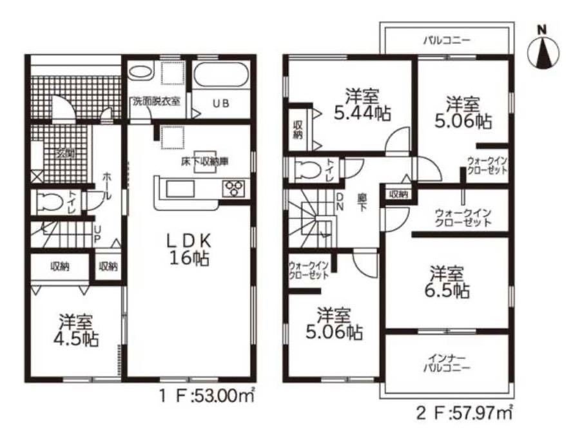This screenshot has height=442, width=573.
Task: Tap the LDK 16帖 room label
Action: tap(189, 249)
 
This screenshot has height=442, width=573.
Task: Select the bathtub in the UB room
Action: tap(220, 75)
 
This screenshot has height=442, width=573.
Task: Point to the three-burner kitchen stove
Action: tap(234, 189)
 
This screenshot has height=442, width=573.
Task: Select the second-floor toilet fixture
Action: tap(309, 171)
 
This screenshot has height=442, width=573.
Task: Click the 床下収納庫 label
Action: tap(205, 161)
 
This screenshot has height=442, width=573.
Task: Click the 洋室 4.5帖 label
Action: tap(76, 331)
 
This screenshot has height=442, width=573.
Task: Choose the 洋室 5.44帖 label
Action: tap(362, 105)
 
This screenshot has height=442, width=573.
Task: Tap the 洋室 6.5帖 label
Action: tap(447, 282)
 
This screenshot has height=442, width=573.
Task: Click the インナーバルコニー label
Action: tap(447, 362)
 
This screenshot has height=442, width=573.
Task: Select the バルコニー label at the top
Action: tap(447, 40)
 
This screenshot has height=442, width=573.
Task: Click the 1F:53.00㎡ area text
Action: tap(206, 396)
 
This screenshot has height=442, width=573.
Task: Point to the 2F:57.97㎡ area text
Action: tap(464, 413)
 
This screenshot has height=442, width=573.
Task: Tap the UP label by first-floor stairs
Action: tap(97, 234)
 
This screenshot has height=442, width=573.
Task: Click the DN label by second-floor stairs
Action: tap(340, 202)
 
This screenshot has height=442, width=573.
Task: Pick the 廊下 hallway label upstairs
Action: tap(362, 202)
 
